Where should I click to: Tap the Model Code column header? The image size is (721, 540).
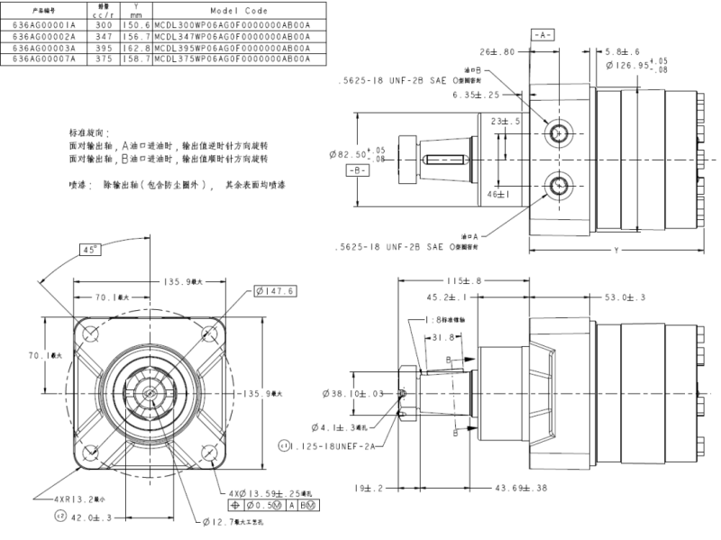tap(233, 10)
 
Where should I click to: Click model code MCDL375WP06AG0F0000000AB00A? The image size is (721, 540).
tap(233, 59)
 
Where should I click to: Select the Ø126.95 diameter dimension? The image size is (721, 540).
tap(668, 66)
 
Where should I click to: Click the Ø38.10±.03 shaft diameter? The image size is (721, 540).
tap(355, 394)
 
